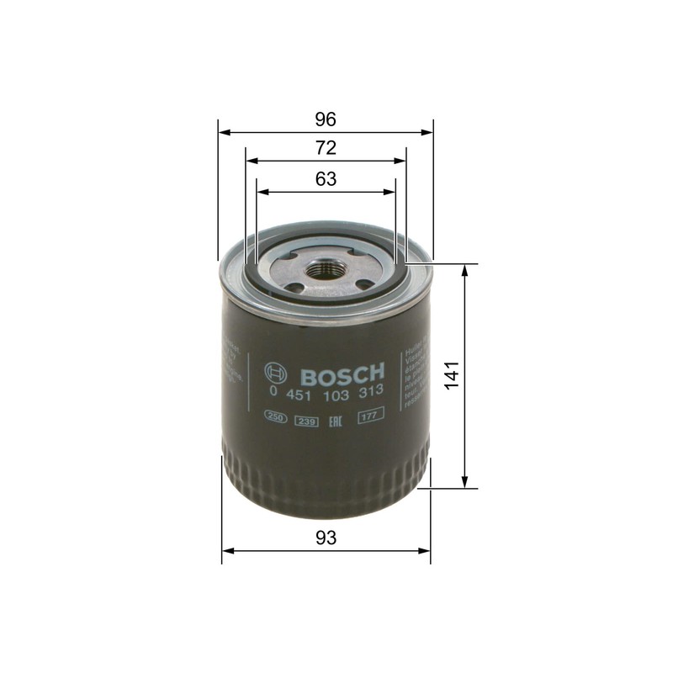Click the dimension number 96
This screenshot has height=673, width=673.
coord(326,118)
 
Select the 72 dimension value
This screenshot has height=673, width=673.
coord(326,148)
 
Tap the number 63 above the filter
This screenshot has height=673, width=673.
coord(326,178)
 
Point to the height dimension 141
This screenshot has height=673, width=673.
coord(452,374)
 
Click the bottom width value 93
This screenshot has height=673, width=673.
coord(326,538)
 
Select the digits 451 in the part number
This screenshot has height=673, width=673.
coord(299,392)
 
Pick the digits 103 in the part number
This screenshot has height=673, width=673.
coord(336,392)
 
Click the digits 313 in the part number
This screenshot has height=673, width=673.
coord(371,392)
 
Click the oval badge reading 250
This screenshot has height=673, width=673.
coord(275,416)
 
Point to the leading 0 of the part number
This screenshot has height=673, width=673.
coord(272,392)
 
